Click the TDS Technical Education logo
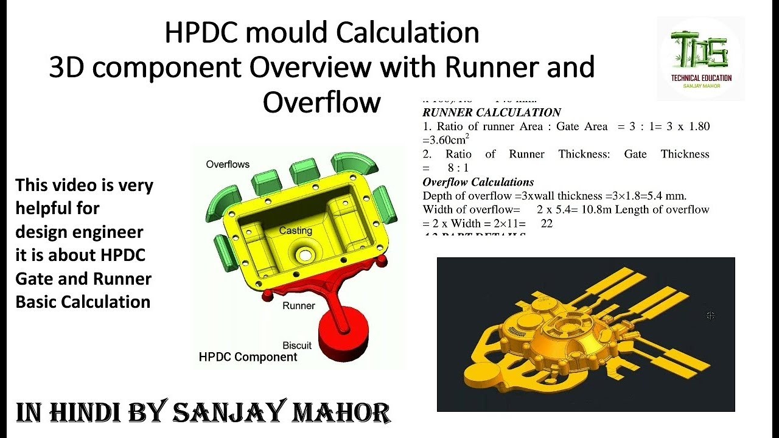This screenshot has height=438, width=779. tap(700, 58)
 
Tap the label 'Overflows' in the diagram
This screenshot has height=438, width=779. tap(228, 164)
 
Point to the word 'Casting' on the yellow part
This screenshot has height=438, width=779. tap(296, 231)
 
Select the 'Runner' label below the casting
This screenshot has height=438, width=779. tap(298, 305)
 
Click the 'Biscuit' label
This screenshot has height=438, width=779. tap(297, 345)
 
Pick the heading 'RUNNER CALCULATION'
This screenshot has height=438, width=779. tap(491, 113)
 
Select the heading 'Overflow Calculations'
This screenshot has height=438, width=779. tap(478, 182)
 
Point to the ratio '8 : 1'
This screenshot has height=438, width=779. tap(457, 167)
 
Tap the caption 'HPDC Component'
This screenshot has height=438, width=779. tap(248, 357)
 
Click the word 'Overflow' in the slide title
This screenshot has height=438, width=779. tap(321, 102)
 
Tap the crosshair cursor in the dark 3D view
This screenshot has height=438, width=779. tap(710, 315)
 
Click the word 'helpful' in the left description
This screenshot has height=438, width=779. tap(57, 208)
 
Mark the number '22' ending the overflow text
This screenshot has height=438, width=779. tap(547, 223)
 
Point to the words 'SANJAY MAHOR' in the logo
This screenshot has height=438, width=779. tap(701, 86)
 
